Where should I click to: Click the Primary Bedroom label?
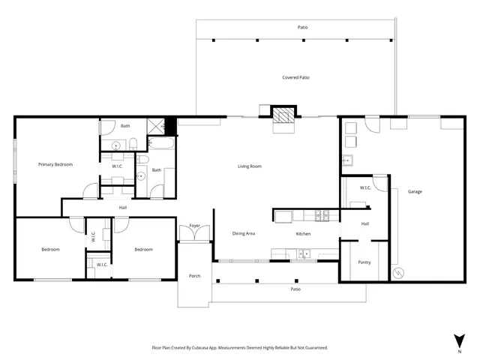(55, 164)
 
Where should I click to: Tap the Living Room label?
(249, 166)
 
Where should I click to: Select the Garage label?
(415, 191)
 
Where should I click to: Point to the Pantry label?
(364, 262)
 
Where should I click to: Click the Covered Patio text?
(295, 77)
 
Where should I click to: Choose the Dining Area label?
(243, 233)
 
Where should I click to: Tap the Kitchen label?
(303, 233)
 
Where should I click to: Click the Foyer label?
(194, 225)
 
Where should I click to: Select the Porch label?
(194, 276)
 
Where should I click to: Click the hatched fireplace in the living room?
(283, 115)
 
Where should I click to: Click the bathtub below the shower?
(161, 142)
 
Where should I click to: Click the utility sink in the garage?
(347, 159)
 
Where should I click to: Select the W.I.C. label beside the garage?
(366, 187)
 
